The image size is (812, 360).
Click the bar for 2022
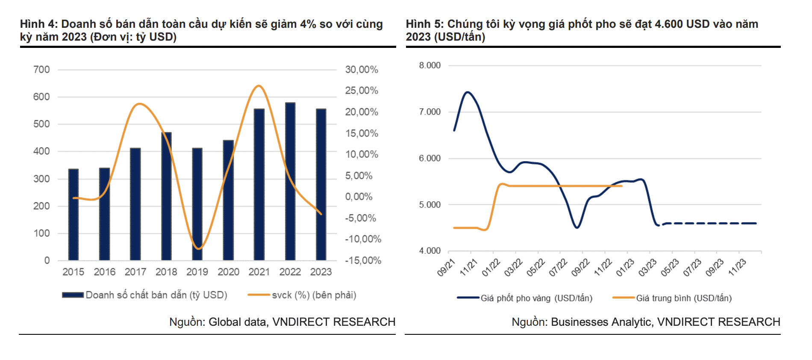pos(290,182)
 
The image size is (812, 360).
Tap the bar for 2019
pos(197,204)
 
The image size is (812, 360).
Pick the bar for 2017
pos(135,204)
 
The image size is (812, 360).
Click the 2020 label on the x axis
pos(228,272)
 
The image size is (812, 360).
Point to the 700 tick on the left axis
pos(41,70)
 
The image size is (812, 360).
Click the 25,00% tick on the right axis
pos(362,91)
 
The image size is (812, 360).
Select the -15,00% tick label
pos(363,260)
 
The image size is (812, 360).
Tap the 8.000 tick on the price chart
pos(430,65)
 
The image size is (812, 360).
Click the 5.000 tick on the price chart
pos(430,205)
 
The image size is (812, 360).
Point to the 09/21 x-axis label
pos(446,268)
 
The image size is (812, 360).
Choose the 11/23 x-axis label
pos(737,268)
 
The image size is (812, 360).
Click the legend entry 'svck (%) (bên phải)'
pos(314,295)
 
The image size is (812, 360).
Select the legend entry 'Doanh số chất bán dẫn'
pos(156,295)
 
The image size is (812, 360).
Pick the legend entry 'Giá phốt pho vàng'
pos(536,298)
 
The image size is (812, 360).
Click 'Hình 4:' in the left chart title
pos(38,24)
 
